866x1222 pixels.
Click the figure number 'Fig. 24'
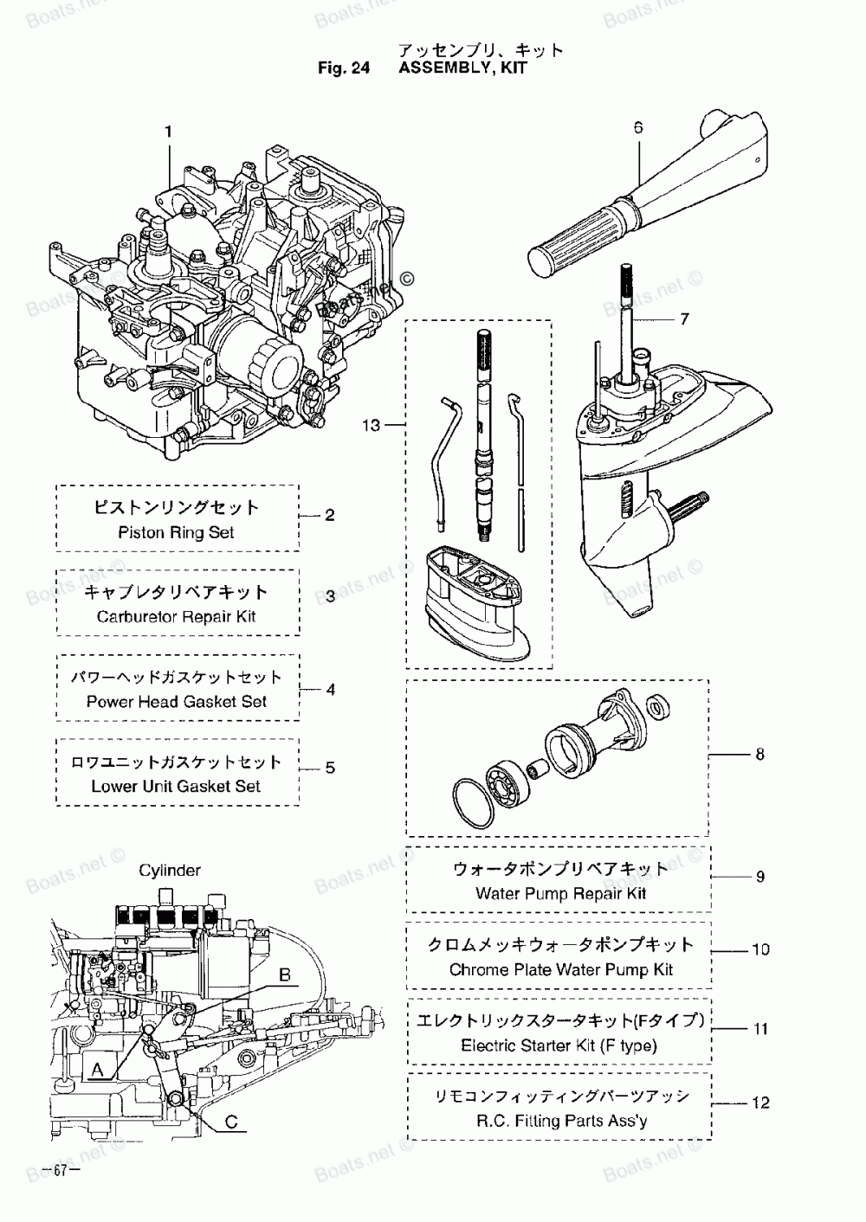(x=344, y=68)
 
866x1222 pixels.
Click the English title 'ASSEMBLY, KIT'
(x=463, y=68)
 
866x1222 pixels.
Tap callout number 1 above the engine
(x=169, y=132)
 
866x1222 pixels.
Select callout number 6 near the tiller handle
(x=638, y=127)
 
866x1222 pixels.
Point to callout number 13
(x=371, y=424)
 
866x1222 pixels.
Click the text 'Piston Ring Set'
(x=176, y=532)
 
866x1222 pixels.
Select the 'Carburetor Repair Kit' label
(x=177, y=616)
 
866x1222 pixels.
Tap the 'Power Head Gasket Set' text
(x=177, y=701)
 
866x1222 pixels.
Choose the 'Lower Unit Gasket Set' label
(x=176, y=786)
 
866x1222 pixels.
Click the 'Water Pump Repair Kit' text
(x=561, y=894)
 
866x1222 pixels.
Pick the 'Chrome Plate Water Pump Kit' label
(x=561, y=969)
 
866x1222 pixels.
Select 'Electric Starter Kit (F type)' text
(x=559, y=1045)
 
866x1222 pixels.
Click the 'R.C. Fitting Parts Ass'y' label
(x=562, y=1121)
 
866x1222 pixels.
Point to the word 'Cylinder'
(x=169, y=870)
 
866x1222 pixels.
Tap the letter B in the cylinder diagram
(x=284, y=974)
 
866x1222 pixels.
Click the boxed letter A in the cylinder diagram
(x=97, y=1070)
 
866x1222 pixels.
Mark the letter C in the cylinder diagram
(x=231, y=1122)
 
